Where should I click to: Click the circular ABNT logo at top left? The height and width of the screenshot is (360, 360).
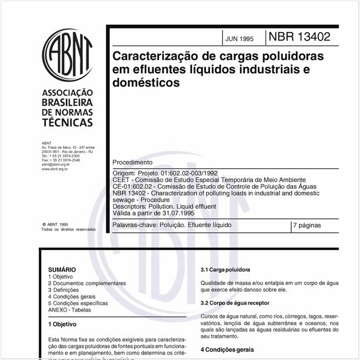coord(67,56)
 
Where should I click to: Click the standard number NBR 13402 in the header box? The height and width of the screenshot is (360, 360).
coord(304,36)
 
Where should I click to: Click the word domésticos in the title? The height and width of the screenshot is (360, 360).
coord(146,83)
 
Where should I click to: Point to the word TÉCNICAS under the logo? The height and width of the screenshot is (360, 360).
coord(67,123)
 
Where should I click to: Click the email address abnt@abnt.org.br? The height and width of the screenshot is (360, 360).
coord(56,164)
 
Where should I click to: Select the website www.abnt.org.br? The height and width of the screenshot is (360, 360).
coord(54,169)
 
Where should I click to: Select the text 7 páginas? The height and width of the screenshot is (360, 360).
coord(307,225)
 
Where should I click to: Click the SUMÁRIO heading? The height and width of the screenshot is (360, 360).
coord(62,269)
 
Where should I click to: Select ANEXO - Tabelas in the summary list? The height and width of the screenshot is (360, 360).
coord(70,310)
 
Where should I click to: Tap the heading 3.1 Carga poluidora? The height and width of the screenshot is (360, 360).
coord(226,269)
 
